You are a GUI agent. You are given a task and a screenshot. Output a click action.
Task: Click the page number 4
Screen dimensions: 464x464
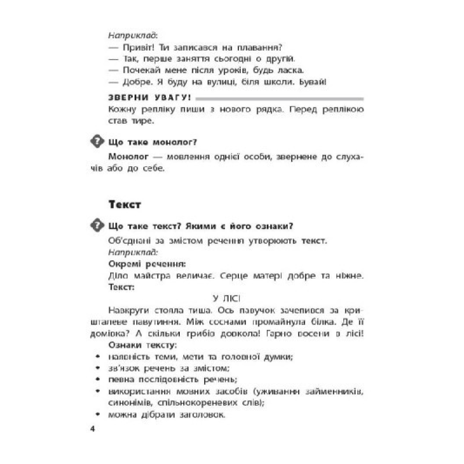pyautogui.click(x=92, y=430)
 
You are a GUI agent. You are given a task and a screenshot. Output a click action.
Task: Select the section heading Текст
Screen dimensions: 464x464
pyautogui.click(x=125, y=205)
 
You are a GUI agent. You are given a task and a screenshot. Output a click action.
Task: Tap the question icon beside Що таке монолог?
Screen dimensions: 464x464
pyautogui.click(x=97, y=142)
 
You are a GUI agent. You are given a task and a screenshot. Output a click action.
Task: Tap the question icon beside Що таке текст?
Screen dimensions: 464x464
pyautogui.click(x=97, y=225)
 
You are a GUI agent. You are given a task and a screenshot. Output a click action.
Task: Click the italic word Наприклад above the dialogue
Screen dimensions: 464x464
pyautogui.click(x=132, y=36)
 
